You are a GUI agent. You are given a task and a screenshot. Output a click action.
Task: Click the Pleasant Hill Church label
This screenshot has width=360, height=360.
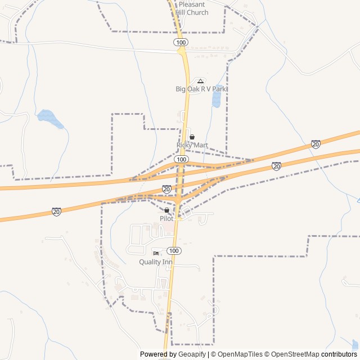click(x=192, y=8)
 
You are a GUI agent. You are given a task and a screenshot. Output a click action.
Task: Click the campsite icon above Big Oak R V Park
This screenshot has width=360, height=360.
click(x=200, y=81)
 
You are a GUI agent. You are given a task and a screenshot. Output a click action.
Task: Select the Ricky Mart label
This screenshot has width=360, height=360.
click(x=192, y=145)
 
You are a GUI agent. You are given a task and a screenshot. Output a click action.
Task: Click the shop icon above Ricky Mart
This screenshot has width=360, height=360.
click(x=192, y=137)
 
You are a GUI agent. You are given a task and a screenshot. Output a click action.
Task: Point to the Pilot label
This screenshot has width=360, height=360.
click(x=166, y=218)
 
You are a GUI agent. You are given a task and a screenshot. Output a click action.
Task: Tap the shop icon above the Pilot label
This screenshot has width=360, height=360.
click(x=166, y=210)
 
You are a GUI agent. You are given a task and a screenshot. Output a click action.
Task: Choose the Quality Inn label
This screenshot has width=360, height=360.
click(x=156, y=262)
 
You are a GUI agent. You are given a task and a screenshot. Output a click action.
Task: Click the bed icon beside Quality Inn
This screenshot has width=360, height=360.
click(x=156, y=253)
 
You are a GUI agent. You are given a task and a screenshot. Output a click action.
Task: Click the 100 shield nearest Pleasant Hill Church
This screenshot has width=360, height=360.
click(x=180, y=42)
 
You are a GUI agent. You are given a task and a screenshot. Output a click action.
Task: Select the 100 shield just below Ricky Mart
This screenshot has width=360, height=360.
click(x=181, y=160)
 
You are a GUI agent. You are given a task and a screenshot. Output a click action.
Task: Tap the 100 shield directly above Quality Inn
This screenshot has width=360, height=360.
click(x=174, y=250)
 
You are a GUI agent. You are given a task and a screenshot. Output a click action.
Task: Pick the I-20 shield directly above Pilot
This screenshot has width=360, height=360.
click(x=166, y=189)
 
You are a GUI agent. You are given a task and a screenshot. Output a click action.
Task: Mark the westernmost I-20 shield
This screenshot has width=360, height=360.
click(x=56, y=211)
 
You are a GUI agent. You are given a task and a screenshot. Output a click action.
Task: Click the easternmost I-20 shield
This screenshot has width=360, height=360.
click(x=316, y=145)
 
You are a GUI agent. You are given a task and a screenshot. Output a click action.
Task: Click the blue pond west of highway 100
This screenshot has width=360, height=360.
click(x=49, y=118)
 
